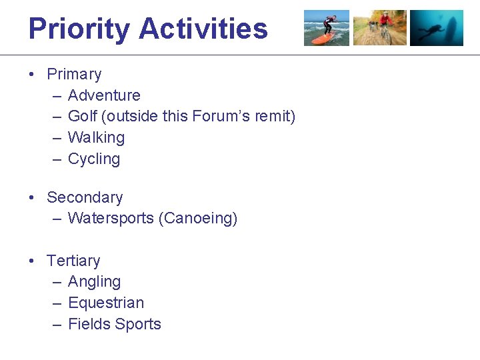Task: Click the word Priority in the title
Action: pyautogui.click(x=79, y=29)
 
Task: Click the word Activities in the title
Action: pyautogui.click(x=203, y=29)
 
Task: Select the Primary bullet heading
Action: pyautogui.click(x=74, y=74)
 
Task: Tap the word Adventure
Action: pyautogui.click(x=104, y=95)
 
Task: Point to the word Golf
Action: pyautogui.click(x=83, y=117)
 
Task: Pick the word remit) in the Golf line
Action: pyautogui.click(x=274, y=117)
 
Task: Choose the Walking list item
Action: pyautogui.click(x=96, y=138)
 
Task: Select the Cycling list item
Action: pyautogui.click(x=94, y=159)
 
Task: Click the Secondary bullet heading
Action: pyautogui.click(x=85, y=197)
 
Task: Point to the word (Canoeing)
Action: pyautogui.click(x=198, y=219)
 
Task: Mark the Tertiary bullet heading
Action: pyautogui.click(x=73, y=261)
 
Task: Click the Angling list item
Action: pyautogui.click(x=94, y=282)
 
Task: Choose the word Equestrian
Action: pyautogui.click(x=106, y=303)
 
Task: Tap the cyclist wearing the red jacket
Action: pyautogui.click(x=385, y=24)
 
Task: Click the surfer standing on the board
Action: pyautogui.click(x=327, y=24)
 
